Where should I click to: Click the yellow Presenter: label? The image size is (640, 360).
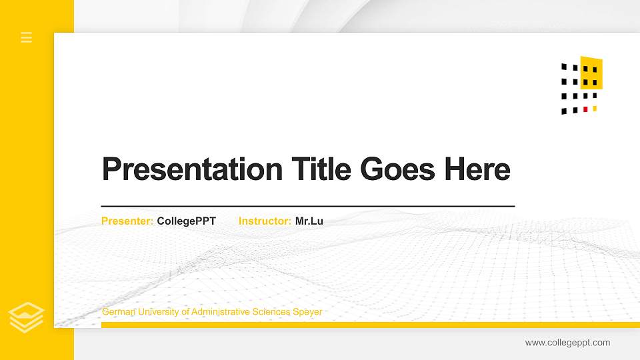pyautogui.click(x=127, y=221)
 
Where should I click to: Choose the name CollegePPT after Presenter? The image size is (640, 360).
pyautogui.click(x=187, y=221)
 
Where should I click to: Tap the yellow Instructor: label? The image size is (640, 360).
pyautogui.click(x=265, y=221)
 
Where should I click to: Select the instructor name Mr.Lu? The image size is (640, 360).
pyautogui.click(x=309, y=221)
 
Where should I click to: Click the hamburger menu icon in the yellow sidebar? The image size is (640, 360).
pyautogui.click(x=27, y=37)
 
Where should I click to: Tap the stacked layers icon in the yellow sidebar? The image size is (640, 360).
pyautogui.click(x=26, y=317)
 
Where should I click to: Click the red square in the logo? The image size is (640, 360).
pyautogui.click(x=585, y=109)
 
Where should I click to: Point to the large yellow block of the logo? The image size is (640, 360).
pyautogui.click(x=593, y=72)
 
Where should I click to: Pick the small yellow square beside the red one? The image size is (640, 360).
pyautogui.click(x=595, y=109)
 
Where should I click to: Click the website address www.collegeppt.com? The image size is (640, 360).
pyautogui.click(x=567, y=343)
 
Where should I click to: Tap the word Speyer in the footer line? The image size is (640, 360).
pyautogui.click(x=307, y=312)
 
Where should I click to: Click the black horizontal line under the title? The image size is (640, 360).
pyautogui.click(x=307, y=207)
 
